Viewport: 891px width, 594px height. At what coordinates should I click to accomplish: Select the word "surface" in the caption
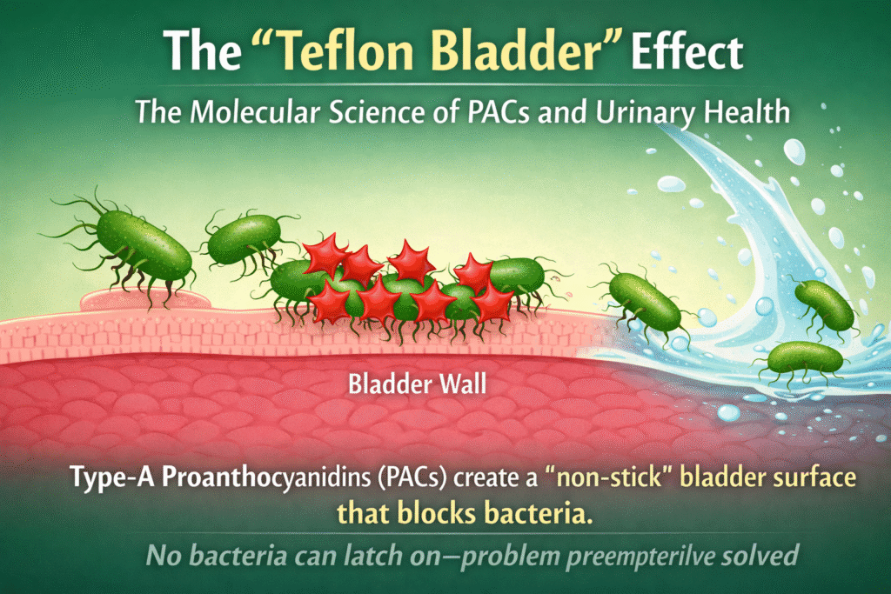point(778,479)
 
